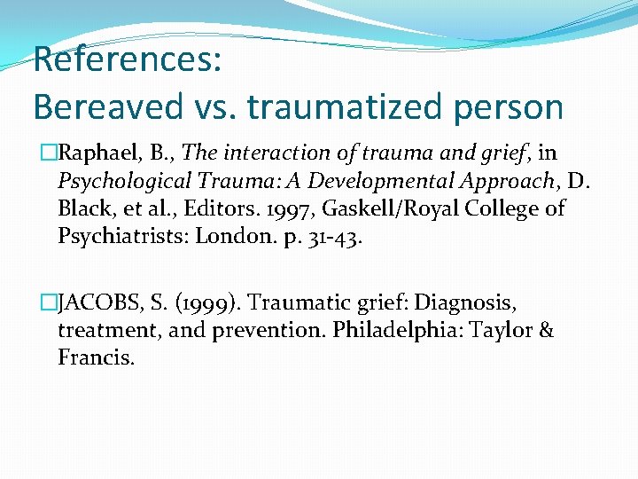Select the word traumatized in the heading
pyautogui.click(x=335, y=107)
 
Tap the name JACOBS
pyautogui.click(x=97, y=304)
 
